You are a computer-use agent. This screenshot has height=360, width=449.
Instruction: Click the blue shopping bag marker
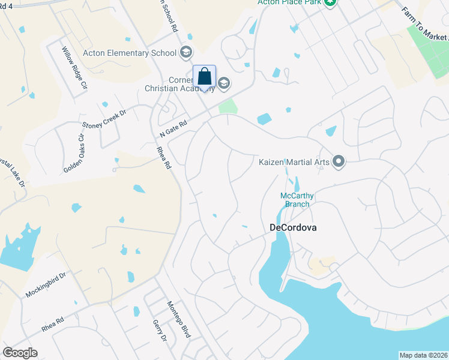(204, 77)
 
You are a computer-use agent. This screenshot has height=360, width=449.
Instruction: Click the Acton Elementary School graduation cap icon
(185, 52)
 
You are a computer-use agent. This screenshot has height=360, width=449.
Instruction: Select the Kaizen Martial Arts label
(295, 161)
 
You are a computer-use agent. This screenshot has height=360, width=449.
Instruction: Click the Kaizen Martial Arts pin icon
(339, 161)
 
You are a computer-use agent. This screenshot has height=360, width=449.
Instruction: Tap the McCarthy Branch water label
(297, 200)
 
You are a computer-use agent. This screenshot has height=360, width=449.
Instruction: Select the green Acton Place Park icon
(330, 3)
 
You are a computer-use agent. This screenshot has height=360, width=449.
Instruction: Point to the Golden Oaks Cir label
(74, 153)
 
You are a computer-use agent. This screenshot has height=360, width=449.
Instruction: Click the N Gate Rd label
(173, 128)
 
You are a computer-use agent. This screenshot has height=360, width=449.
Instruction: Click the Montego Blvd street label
(178, 319)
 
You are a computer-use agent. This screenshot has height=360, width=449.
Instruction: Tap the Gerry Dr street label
(159, 330)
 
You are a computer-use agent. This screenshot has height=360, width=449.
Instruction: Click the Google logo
(20, 353)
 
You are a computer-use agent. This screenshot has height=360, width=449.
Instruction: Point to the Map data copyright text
(424, 355)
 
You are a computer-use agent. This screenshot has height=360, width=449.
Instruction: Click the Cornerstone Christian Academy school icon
(224, 83)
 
